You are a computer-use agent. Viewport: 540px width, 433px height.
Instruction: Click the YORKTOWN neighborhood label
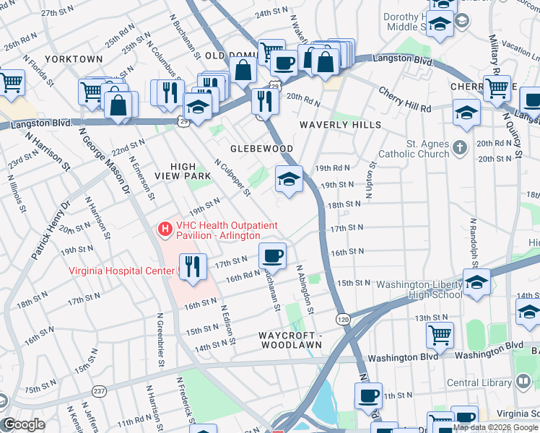[74, 58]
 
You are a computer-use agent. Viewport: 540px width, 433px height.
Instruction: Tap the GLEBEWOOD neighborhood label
[261, 149]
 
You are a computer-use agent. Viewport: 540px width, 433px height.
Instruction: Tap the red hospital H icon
[165, 229]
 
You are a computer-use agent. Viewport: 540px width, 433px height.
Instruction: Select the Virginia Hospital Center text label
[121, 271]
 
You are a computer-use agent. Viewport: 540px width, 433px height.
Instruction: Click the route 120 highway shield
[344, 317]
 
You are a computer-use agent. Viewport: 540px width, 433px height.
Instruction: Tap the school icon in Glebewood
[289, 179]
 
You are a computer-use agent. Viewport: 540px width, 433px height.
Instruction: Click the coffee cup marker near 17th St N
[273, 256]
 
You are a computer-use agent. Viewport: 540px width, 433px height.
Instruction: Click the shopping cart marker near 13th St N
[440, 336]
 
